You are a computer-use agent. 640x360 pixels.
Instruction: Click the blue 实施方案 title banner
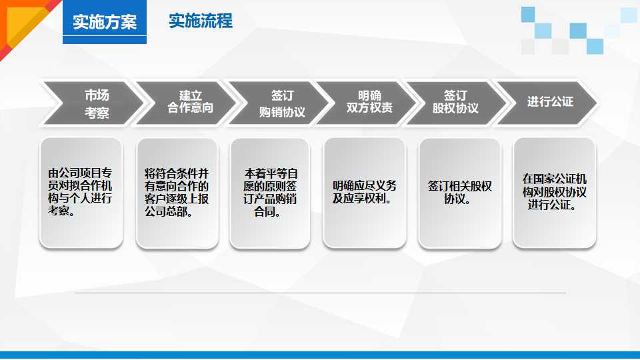(x=105, y=23)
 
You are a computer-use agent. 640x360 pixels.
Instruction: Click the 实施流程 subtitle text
(x=201, y=21)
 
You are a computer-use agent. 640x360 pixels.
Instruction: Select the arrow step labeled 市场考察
(x=93, y=103)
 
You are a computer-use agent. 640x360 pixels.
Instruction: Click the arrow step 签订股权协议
(x=456, y=103)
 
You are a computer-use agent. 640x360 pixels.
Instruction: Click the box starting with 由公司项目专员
(x=81, y=193)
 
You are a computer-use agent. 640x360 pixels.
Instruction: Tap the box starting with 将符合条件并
(x=177, y=193)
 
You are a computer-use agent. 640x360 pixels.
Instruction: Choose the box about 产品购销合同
(x=269, y=193)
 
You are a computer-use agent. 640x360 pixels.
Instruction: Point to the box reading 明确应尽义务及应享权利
(x=364, y=193)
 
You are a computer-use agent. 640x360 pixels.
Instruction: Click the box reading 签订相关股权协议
(x=459, y=193)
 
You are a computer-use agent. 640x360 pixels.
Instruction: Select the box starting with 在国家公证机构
(x=554, y=193)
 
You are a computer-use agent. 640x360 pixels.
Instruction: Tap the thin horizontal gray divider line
(x=320, y=293)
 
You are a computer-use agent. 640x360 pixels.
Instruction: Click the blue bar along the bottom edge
(x=320, y=355)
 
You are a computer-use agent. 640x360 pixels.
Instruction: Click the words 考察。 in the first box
(x=61, y=211)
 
